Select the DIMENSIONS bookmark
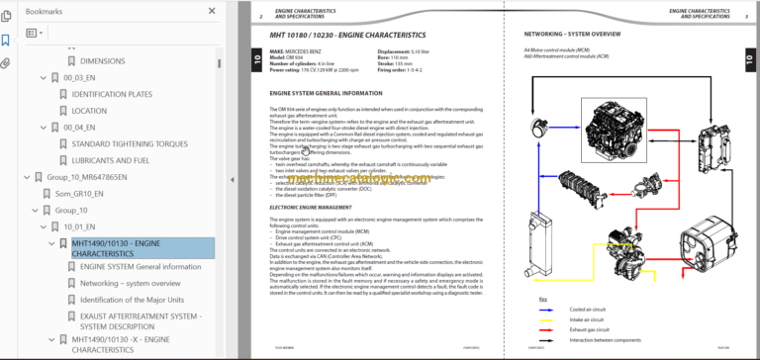tap(102, 60)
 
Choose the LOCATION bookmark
tap(89, 111)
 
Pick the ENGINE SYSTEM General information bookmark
tap(140, 267)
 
